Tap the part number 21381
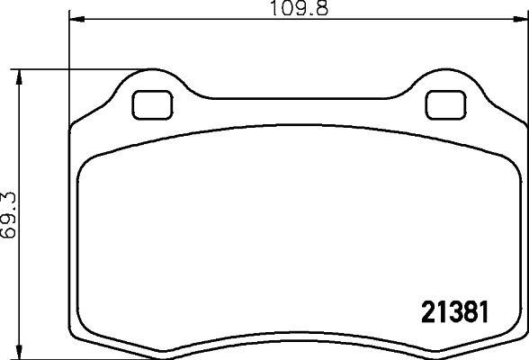point(454,311)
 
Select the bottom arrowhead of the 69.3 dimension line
point(20,352)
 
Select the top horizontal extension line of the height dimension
point(72,67)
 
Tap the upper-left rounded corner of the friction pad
point(88,160)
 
